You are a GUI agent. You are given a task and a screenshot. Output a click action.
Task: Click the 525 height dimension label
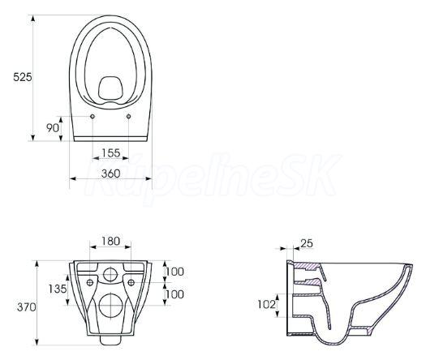pyautogui.click(x=23, y=77)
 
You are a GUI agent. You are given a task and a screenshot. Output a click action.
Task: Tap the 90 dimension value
pyautogui.click(x=53, y=128)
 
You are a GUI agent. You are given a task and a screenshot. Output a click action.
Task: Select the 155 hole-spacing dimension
pyautogui.click(x=111, y=153)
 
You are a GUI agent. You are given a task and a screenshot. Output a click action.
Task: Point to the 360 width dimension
pyautogui.click(x=110, y=174)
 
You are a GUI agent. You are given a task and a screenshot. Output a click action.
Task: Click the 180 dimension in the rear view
pyautogui.click(x=110, y=241)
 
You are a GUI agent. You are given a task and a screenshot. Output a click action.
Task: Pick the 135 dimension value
pyautogui.click(x=58, y=289)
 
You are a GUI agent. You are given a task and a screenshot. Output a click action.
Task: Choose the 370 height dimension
pyautogui.click(x=26, y=307)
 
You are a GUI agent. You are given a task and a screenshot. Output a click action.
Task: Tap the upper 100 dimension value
pyautogui.click(x=174, y=272)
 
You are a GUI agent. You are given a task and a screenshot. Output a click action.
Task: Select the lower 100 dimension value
pyautogui.click(x=174, y=294)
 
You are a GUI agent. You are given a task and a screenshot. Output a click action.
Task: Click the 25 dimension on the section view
pyautogui.click(x=307, y=243)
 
